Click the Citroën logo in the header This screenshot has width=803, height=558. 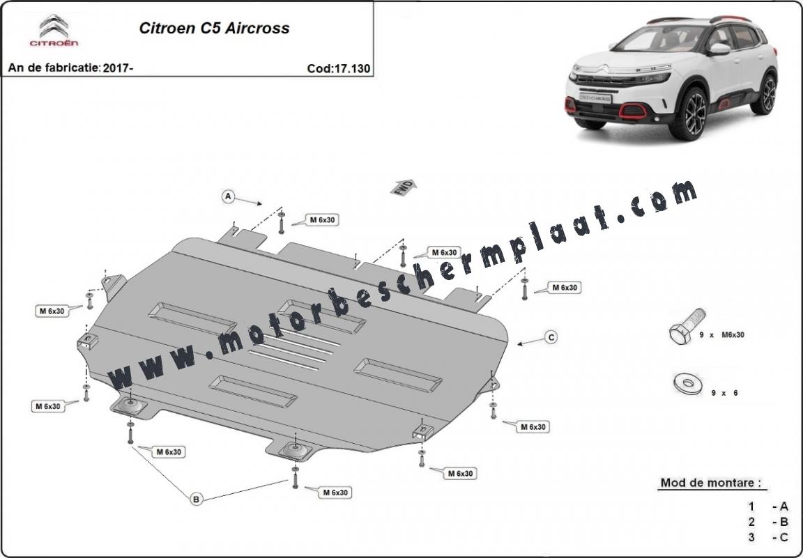pyautogui.click(x=54, y=30)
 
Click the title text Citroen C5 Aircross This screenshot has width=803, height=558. pyautogui.click(x=214, y=28)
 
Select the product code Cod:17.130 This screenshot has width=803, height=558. pyautogui.click(x=339, y=68)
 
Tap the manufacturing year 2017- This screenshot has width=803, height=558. pyautogui.click(x=118, y=68)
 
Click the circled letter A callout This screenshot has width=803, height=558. pyautogui.click(x=228, y=196)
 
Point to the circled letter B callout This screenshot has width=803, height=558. pyautogui.click(x=196, y=499)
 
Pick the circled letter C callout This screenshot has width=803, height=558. pyautogui.click(x=551, y=337)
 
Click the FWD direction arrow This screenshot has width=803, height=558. pyautogui.click(x=404, y=188)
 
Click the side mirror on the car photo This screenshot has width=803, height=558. pyautogui.click(x=719, y=49)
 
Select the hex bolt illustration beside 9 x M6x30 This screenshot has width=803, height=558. pyautogui.click(x=687, y=326)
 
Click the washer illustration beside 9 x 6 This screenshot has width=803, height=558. pyautogui.click(x=688, y=384)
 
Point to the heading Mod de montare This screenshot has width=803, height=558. pyautogui.click(x=710, y=483)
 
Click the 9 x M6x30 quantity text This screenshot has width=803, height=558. pyautogui.click(x=721, y=335)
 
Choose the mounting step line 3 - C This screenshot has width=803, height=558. pyautogui.click(x=767, y=538)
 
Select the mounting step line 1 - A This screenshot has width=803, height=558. pyautogui.click(x=767, y=507)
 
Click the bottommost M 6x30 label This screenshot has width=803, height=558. pyautogui.click(x=335, y=493)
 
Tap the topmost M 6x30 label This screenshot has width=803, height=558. pyautogui.click(x=322, y=220)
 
